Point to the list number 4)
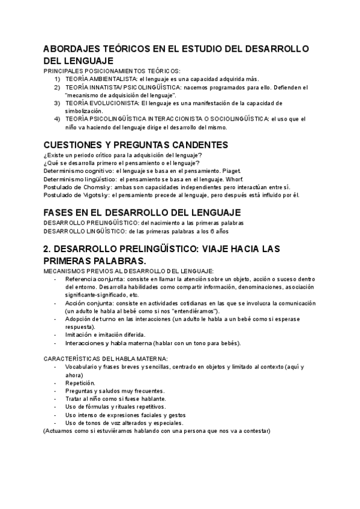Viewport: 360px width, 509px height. [58, 119]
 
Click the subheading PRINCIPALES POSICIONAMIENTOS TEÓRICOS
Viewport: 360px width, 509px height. [111, 71]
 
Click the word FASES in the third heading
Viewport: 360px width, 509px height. [61, 212]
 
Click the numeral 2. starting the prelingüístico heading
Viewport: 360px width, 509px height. [49, 248]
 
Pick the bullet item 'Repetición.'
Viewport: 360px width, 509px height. [80, 382]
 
